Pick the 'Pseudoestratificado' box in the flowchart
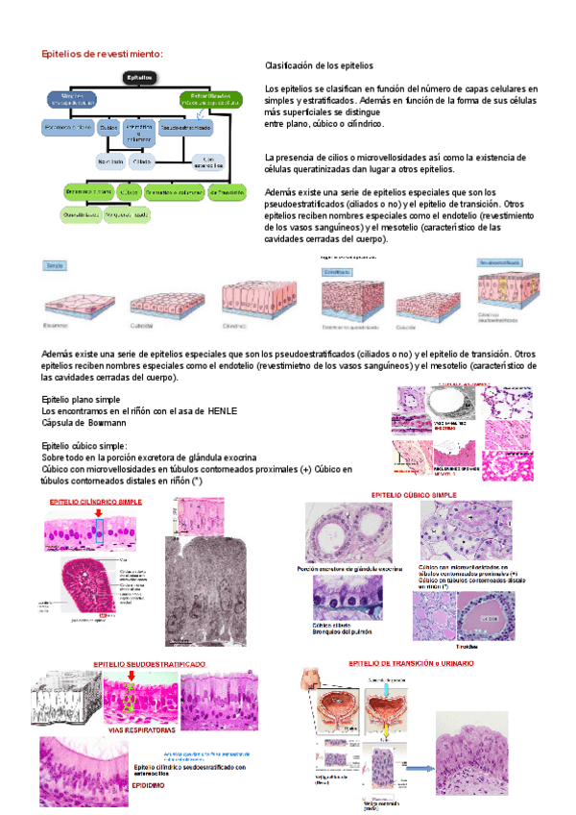(x=185, y=126)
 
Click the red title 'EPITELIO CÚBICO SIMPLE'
(x=413, y=495)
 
